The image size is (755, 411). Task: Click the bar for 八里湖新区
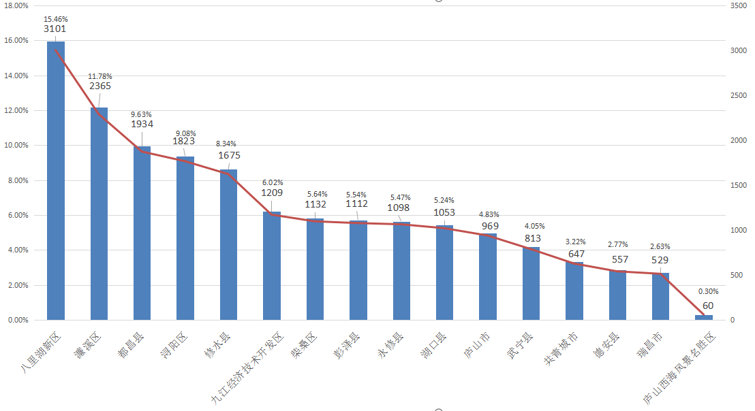[x=56, y=180]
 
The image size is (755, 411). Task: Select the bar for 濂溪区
[x=99, y=214]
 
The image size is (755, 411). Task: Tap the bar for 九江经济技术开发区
[x=272, y=265]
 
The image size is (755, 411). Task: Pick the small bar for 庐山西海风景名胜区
[x=704, y=317]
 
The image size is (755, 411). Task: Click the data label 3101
[x=55, y=29]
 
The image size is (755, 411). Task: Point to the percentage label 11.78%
[x=100, y=76]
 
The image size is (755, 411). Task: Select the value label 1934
[x=142, y=124]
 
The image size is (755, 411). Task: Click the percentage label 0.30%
[x=709, y=291]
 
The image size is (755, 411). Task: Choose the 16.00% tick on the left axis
[x=16, y=41]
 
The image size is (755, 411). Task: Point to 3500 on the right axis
[x=738, y=5]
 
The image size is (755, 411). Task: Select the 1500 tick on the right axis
[x=738, y=185]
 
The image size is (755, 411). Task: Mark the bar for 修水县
[x=228, y=245]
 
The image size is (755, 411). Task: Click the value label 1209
[x=272, y=193]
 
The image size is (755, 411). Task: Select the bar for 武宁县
[x=531, y=283]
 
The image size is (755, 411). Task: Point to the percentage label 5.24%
[x=444, y=201]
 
